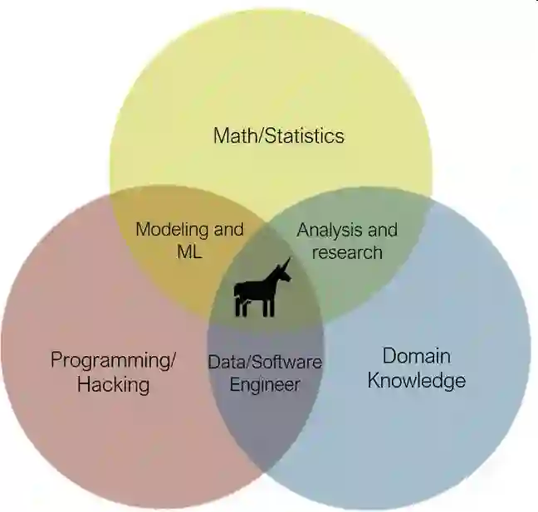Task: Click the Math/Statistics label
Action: tap(278, 134)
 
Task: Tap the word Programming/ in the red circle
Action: tap(114, 360)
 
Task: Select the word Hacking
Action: tap(113, 384)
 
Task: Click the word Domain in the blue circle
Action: tap(416, 356)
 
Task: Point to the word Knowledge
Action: tap(416, 381)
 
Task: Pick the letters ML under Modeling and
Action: tap(189, 251)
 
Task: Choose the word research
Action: tap(347, 251)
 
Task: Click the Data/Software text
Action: tap(264, 362)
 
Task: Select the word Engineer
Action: tap(265, 384)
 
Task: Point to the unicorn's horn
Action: tap(286, 265)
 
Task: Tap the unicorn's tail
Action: tap(237, 291)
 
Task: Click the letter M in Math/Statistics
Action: tap(222, 134)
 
